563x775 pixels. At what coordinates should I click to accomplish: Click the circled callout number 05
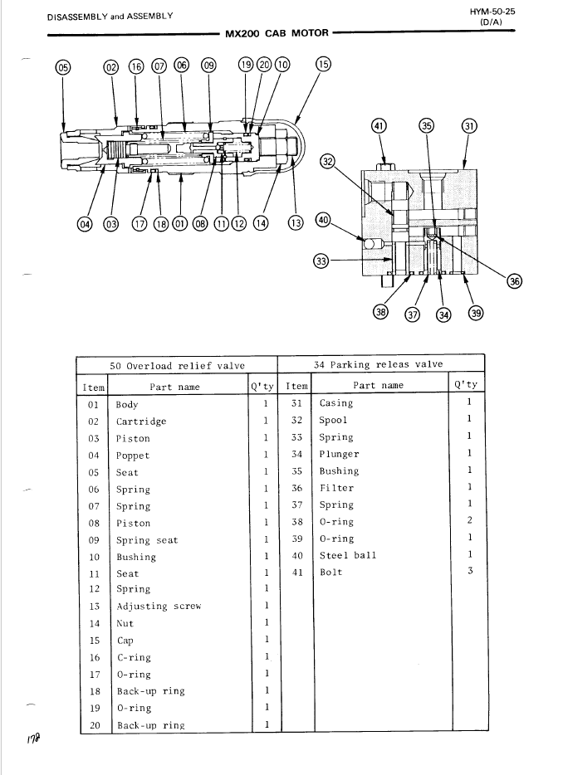[x=63, y=67]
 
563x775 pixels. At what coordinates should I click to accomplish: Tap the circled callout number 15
[x=323, y=64]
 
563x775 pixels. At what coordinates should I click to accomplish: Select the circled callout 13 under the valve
[x=296, y=223]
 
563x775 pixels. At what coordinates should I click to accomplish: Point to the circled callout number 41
[x=379, y=126]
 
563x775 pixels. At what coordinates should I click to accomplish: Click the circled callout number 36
[x=515, y=281]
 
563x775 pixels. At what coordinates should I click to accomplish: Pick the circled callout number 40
[x=323, y=220]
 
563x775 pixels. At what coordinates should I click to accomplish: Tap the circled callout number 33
[x=321, y=260]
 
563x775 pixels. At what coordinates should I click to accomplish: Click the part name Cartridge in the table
[x=141, y=422]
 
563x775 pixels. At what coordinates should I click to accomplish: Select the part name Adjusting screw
[x=159, y=607]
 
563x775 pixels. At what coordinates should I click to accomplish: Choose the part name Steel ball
[x=348, y=556]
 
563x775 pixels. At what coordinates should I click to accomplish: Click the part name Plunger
[x=339, y=454]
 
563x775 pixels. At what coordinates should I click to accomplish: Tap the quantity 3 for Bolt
[x=470, y=570]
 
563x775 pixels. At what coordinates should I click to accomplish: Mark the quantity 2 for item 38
[x=469, y=520]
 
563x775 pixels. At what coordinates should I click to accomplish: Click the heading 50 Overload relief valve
[x=177, y=366]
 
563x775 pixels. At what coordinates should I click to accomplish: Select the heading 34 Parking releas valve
[x=379, y=365]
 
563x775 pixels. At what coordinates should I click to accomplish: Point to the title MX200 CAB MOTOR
[x=277, y=33]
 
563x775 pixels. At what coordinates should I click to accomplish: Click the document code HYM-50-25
[x=492, y=12]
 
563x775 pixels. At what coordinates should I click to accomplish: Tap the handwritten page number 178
[x=34, y=739]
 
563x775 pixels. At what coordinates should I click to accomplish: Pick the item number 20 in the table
[x=95, y=725]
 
